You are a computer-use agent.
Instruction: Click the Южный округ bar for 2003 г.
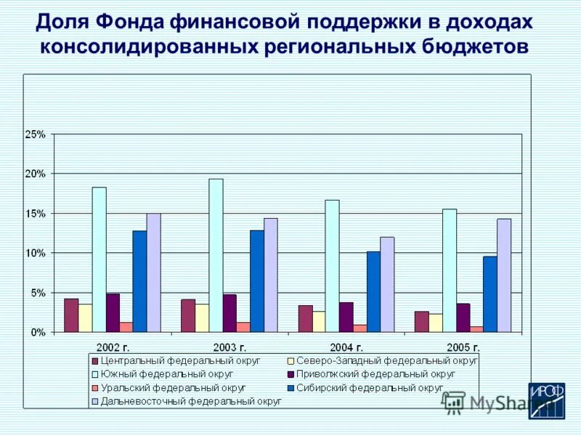[x=216, y=256]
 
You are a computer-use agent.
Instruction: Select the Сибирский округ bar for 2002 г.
[x=139, y=282]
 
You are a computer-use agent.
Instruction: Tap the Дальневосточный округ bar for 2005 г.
[x=504, y=275]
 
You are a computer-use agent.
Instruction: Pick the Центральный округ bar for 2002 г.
[x=71, y=315]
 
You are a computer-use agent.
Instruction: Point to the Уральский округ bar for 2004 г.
[x=360, y=328]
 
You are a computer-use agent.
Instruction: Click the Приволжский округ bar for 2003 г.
[x=229, y=313]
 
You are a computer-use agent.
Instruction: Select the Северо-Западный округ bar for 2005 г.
[x=436, y=323]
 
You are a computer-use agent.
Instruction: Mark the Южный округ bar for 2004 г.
[x=332, y=266]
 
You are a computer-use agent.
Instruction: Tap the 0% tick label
[x=38, y=332]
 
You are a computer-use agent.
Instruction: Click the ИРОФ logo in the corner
[x=546, y=401]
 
